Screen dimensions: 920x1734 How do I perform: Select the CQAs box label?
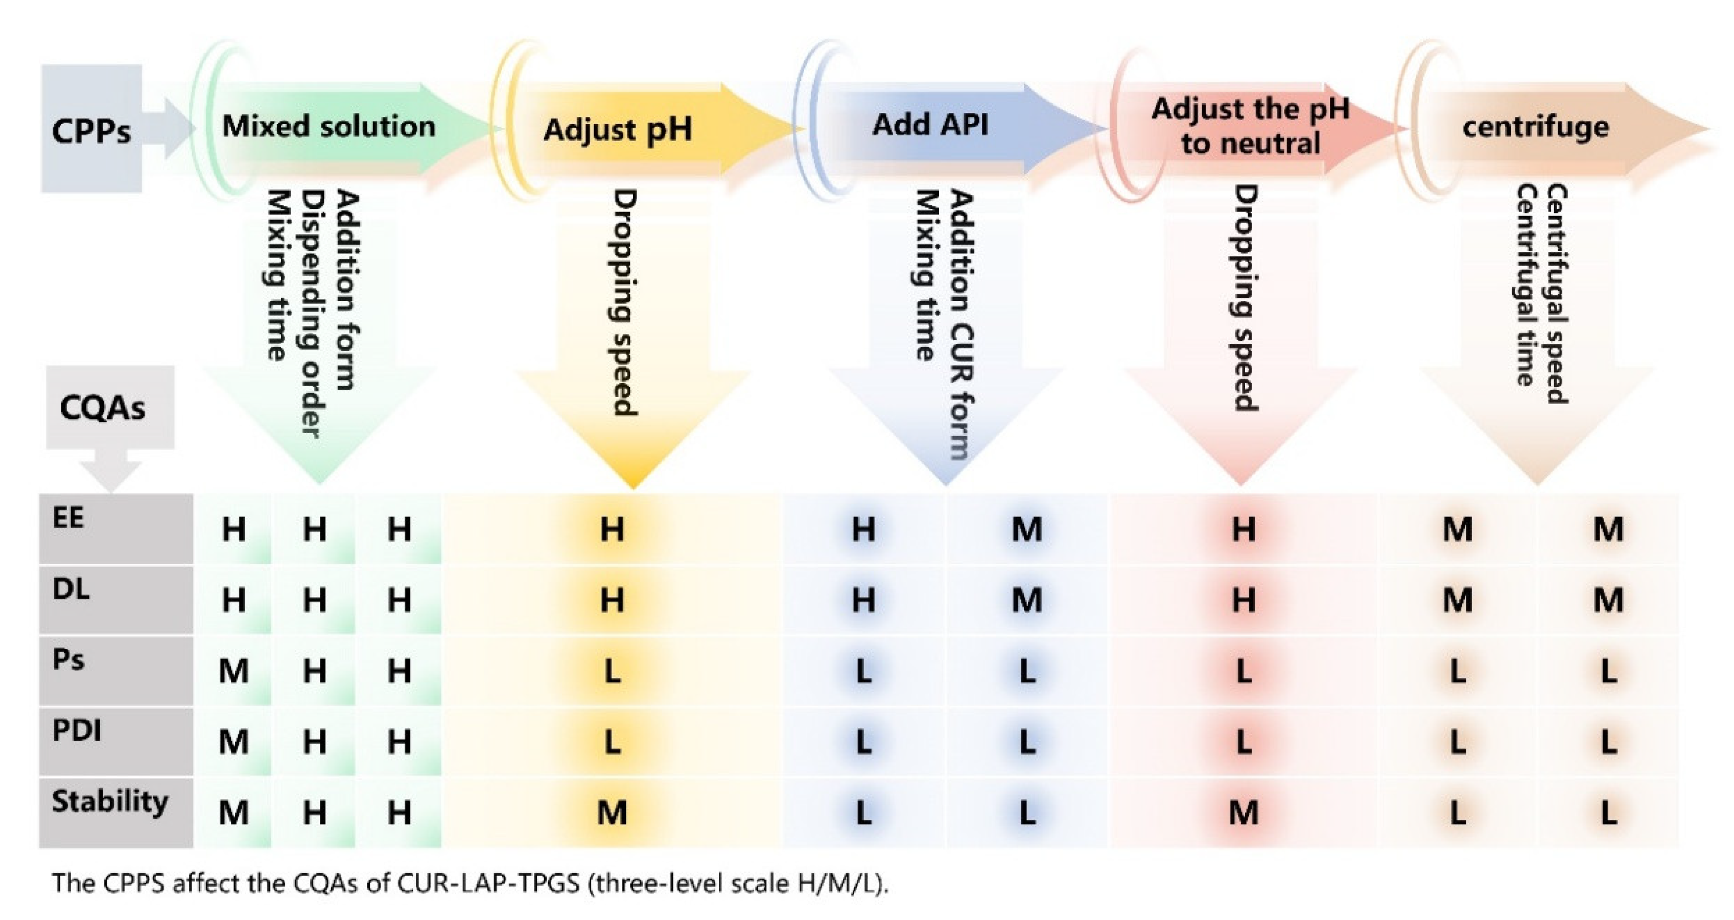[102, 408]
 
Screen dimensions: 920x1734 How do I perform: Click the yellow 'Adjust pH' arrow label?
[617, 129]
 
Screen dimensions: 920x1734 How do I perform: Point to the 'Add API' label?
[930, 125]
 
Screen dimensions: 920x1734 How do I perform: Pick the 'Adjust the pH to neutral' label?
[1250, 126]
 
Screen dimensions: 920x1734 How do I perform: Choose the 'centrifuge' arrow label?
[1535, 127]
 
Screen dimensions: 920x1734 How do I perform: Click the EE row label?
[68, 517]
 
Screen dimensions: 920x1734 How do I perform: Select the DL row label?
[71, 589]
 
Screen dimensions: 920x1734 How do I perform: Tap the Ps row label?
[68, 659]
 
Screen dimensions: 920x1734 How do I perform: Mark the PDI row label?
[77, 730]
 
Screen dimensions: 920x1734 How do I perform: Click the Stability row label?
[110, 801]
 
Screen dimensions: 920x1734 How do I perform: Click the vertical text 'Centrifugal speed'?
[1557, 294]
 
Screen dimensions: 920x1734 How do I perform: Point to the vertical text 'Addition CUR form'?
[961, 324]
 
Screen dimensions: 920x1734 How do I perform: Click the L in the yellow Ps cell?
[612, 671]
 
